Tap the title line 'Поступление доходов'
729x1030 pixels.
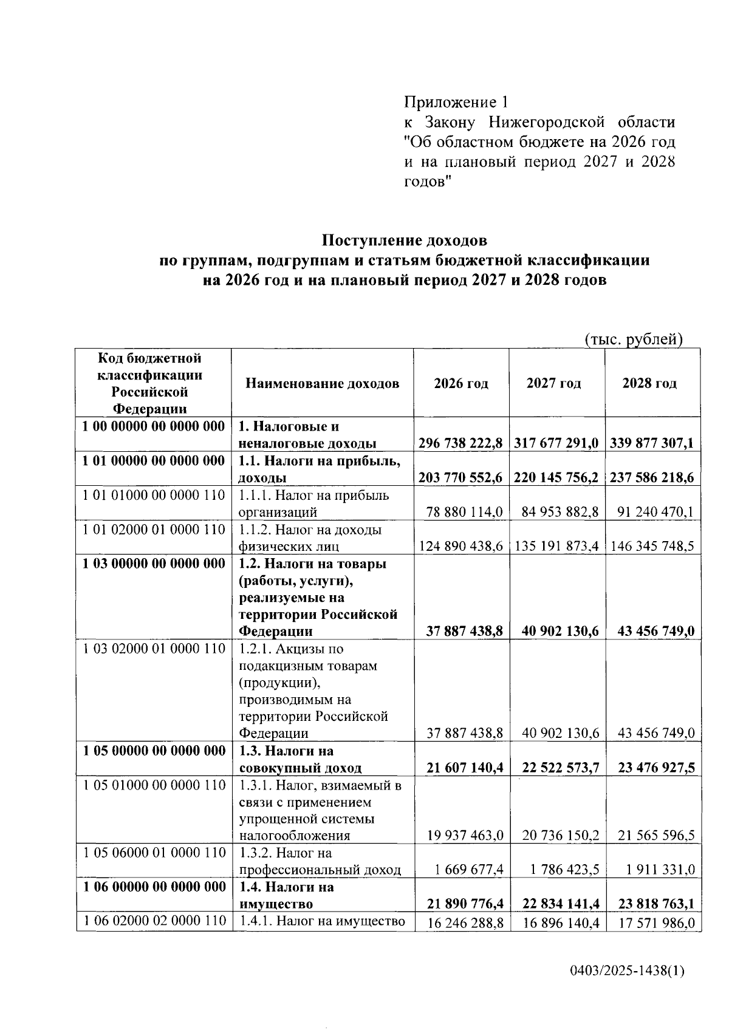[404, 240]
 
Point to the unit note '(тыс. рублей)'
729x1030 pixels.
[634, 339]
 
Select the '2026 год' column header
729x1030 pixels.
[461, 383]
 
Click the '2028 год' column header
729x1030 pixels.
[649, 383]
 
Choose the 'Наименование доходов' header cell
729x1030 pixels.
[323, 383]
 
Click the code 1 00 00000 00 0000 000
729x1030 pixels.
[154, 426]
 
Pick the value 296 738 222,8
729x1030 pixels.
[460, 443]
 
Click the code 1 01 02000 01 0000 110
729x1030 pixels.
[154, 530]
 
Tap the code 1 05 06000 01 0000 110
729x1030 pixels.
[154, 853]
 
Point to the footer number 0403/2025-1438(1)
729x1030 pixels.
[627, 970]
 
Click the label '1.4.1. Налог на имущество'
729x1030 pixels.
[322, 921]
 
